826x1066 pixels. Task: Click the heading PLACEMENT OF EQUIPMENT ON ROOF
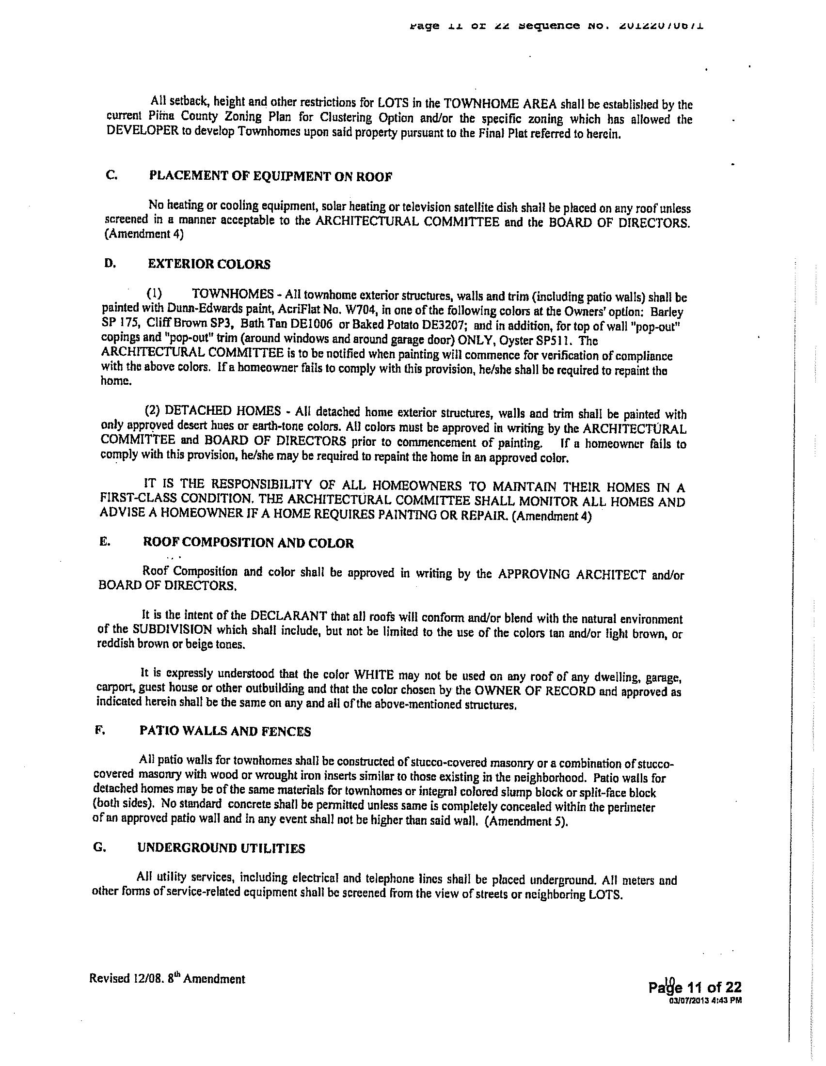[270, 176]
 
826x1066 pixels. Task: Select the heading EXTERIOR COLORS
[209, 265]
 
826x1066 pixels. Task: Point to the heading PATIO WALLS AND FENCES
[225, 731]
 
